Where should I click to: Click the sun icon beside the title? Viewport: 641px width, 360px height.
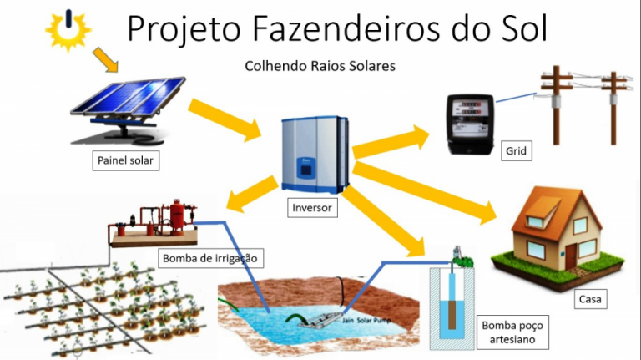(x=68, y=30)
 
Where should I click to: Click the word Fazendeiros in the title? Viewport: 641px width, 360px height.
(x=346, y=28)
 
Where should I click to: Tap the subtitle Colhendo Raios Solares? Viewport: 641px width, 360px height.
(x=320, y=66)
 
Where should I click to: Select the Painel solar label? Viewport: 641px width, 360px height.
(x=125, y=160)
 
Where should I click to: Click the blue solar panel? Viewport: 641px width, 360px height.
(x=128, y=97)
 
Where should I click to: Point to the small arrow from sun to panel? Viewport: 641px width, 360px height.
(x=105, y=60)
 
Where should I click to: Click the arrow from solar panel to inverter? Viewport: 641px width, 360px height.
(x=225, y=119)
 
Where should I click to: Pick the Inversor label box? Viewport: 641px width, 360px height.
(x=312, y=207)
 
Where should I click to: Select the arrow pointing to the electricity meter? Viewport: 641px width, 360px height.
(x=391, y=141)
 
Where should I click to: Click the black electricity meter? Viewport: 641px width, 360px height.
(x=470, y=124)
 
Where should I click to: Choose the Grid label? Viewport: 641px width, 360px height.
(x=517, y=151)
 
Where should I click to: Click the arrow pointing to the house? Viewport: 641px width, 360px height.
(x=424, y=193)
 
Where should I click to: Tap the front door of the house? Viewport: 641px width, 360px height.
(x=571, y=256)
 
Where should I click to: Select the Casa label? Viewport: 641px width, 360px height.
(x=590, y=299)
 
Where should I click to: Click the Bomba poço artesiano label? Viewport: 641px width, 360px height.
(x=512, y=332)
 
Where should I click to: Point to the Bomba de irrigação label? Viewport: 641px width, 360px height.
(x=210, y=258)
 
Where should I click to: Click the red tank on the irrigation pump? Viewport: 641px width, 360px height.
(x=177, y=217)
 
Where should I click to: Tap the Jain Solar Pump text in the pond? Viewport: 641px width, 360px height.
(x=366, y=320)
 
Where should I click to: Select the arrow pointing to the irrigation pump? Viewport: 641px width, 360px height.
(x=252, y=194)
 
